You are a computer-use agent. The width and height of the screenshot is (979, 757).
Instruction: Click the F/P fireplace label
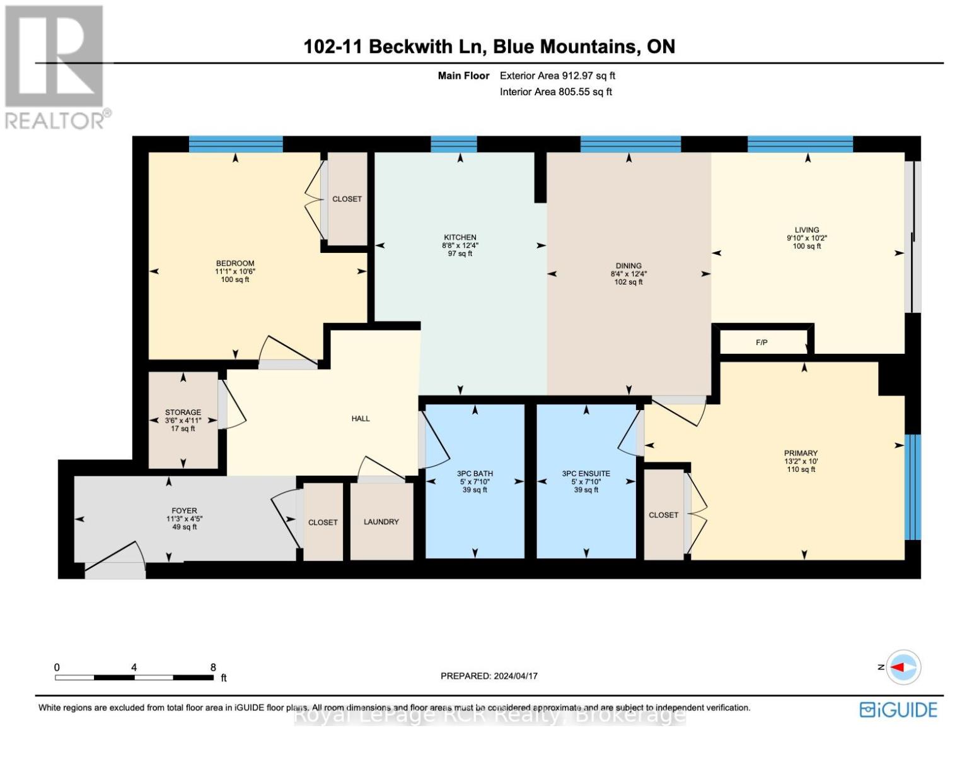pos(762,343)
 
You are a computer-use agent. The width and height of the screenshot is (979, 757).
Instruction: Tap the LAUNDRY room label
pos(381,522)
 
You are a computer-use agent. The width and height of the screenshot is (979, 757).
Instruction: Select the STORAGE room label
pos(183,412)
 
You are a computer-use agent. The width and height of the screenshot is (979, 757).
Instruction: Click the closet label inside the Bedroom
pos(347,199)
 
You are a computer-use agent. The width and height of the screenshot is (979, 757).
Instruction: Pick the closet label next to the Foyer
pos(323,522)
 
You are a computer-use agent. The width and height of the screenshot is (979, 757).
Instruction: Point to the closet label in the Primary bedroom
pos(663,515)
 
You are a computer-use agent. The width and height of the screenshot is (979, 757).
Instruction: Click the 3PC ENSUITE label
pos(586,473)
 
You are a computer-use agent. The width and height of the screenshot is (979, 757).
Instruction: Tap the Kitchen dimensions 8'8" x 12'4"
pos(460,245)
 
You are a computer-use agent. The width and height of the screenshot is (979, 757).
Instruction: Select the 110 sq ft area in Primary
pos(801,469)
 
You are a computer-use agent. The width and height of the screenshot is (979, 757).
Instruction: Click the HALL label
pos(361,418)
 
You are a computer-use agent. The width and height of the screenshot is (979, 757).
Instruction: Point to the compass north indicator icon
pos(904,667)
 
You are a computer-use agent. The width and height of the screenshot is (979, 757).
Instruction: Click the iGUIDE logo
pos(898,710)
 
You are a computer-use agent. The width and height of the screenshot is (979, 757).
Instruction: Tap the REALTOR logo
pos(55,66)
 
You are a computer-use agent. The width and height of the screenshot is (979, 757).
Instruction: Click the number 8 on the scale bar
pos(213,667)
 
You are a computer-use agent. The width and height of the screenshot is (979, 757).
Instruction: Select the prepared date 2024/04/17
pos(516,676)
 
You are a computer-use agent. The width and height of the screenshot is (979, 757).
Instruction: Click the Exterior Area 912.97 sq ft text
pos(557,76)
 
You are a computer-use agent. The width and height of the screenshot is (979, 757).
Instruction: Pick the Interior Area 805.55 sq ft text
pos(555,92)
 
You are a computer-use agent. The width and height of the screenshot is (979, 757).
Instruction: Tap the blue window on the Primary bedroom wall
pos(912,486)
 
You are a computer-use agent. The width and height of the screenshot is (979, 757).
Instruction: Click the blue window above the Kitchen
pos(454,144)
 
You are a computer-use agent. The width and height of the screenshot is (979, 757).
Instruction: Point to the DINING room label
pos(628,266)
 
